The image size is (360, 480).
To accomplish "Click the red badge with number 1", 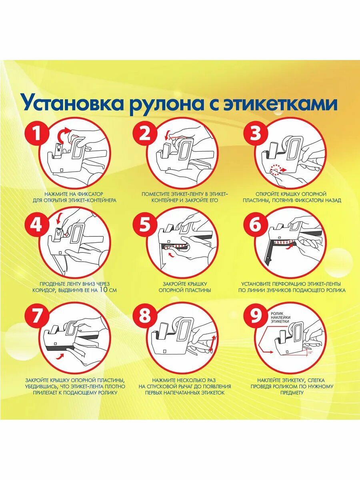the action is coord(37,134).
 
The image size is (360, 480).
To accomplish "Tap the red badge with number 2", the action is coord(145,134).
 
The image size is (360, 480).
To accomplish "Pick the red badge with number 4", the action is coord(37,225).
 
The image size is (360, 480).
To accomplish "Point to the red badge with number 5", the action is coord(145,225).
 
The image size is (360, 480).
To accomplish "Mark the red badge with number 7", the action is coord(37,316).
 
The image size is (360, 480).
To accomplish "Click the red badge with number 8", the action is coord(145,316).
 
